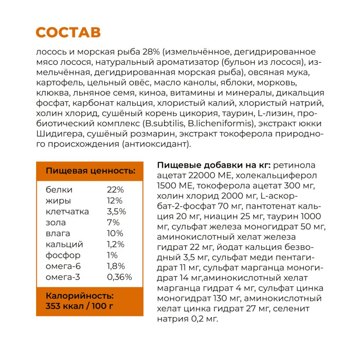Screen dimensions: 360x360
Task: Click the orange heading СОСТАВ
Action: (68, 32)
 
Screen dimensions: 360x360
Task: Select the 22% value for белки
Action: (116, 189)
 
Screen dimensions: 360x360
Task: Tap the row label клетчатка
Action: (67, 211)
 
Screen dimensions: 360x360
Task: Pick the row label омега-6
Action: (64, 266)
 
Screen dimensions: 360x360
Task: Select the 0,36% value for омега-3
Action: (119, 277)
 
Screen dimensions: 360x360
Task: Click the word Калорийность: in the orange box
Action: (80, 296)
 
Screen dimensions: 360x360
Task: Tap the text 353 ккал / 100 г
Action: (80, 307)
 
